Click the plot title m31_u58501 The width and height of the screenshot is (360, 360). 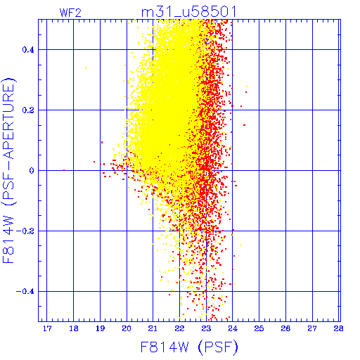tap(188, 12)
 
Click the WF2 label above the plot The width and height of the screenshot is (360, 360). tap(70, 13)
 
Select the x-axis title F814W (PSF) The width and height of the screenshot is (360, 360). tap(189, 347)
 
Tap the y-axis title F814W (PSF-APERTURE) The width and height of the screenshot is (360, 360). tap(8, 170)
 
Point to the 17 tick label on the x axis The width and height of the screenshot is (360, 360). tap(47, 328)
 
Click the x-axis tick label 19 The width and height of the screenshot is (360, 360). tap(100, 328)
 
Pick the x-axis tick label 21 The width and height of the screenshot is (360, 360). tap(153, 328)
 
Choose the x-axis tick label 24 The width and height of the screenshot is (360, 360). tap(233, 328)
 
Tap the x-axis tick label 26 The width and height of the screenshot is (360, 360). tap(285, 328)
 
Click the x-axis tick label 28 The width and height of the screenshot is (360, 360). tap(339, 328)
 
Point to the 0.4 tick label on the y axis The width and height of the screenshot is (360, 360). tap(28, 50)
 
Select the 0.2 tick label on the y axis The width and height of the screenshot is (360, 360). tap(28, 110)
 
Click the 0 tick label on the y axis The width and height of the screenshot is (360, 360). tap(32, 171)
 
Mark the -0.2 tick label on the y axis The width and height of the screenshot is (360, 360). tap(25, 231)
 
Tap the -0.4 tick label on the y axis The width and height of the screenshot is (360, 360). tap(25, 292)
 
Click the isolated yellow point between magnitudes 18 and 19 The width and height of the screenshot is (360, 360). tap(86, 68)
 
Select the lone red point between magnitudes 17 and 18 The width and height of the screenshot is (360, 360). tap(64, 170)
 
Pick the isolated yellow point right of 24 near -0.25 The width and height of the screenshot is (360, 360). tap(240, 245)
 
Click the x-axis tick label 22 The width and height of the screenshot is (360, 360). tap(179, 328)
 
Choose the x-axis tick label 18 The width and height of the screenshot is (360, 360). tap(74, 328)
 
